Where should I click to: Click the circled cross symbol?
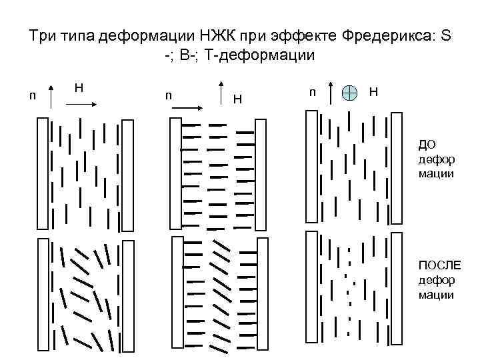[x=349, y=93]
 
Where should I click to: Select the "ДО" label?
[x=427, y=144]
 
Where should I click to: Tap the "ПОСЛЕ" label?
[x=435, y=267]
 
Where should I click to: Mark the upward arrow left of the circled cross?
[x=331, y=93]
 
